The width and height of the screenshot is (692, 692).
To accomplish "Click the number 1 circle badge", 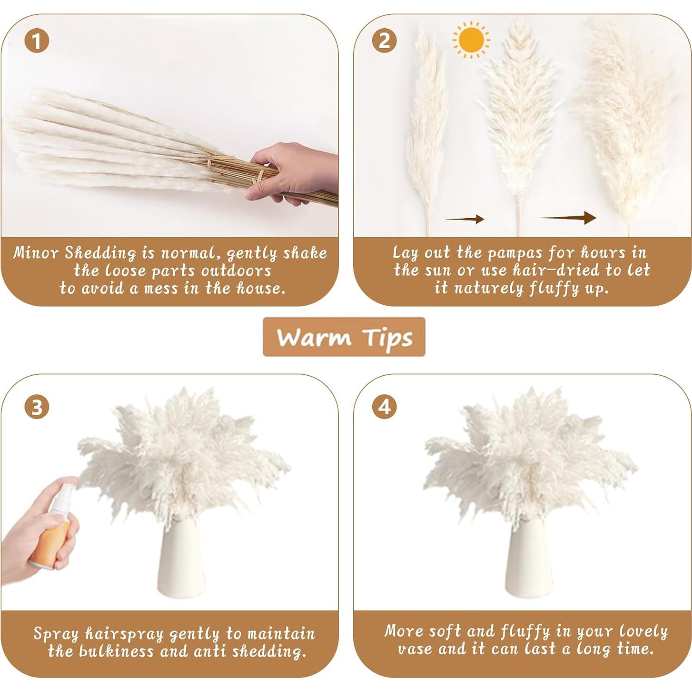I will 37,41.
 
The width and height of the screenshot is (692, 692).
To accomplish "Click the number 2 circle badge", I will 384,41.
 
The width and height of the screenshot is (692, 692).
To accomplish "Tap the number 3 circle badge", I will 37,407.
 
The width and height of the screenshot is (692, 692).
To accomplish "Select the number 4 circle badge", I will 384,407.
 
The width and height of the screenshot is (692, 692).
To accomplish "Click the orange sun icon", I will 471,40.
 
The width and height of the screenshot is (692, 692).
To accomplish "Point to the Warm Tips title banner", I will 344,337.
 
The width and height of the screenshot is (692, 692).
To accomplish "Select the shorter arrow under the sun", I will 465,219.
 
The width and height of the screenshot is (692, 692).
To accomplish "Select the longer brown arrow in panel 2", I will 568,217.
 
